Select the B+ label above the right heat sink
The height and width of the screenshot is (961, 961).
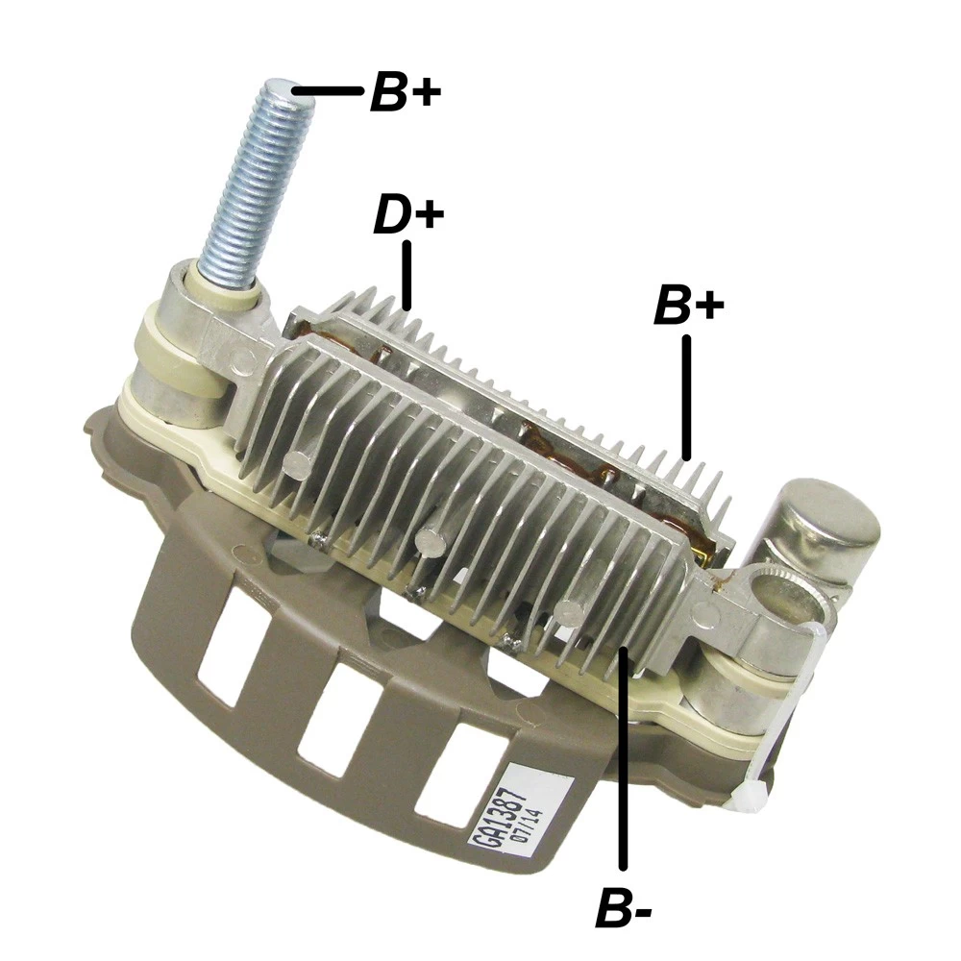pyautogui.click(x=688, y=307)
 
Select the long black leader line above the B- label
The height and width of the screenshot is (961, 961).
pyautogui.click(x=624, y=759)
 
